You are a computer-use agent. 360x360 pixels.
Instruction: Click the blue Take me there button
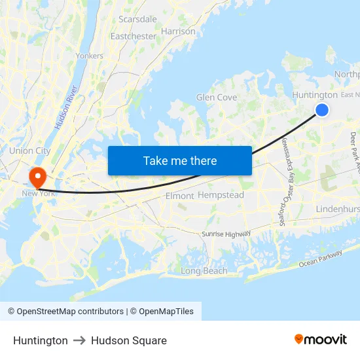(180, 160)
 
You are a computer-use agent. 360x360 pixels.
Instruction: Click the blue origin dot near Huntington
(322, 110)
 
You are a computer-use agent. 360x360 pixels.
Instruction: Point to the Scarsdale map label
(137, 19)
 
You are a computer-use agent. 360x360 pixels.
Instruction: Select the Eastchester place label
(134, 36)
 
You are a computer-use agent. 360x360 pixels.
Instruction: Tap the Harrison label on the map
(177, 31)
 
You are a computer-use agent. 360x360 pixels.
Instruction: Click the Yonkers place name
(90, 56)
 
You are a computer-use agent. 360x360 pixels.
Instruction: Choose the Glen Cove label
(217, 98)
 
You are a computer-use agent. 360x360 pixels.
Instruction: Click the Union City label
(30, 151)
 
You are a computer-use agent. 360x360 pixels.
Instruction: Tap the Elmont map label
(180, 196)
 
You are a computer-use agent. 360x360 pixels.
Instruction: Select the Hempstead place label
(221, 195)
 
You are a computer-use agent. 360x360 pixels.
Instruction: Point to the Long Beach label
(204, 271)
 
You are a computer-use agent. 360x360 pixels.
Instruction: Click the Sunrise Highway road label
(226, 234)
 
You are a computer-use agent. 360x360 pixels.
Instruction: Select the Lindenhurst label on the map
(338, 208)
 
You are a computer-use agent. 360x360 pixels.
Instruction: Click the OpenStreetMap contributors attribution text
(65, 312)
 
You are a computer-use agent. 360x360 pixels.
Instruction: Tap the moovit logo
(320, 340)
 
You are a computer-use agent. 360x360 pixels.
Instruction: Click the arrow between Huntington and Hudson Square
(79, 340)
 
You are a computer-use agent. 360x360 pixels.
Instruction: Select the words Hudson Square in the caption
(129, 340)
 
